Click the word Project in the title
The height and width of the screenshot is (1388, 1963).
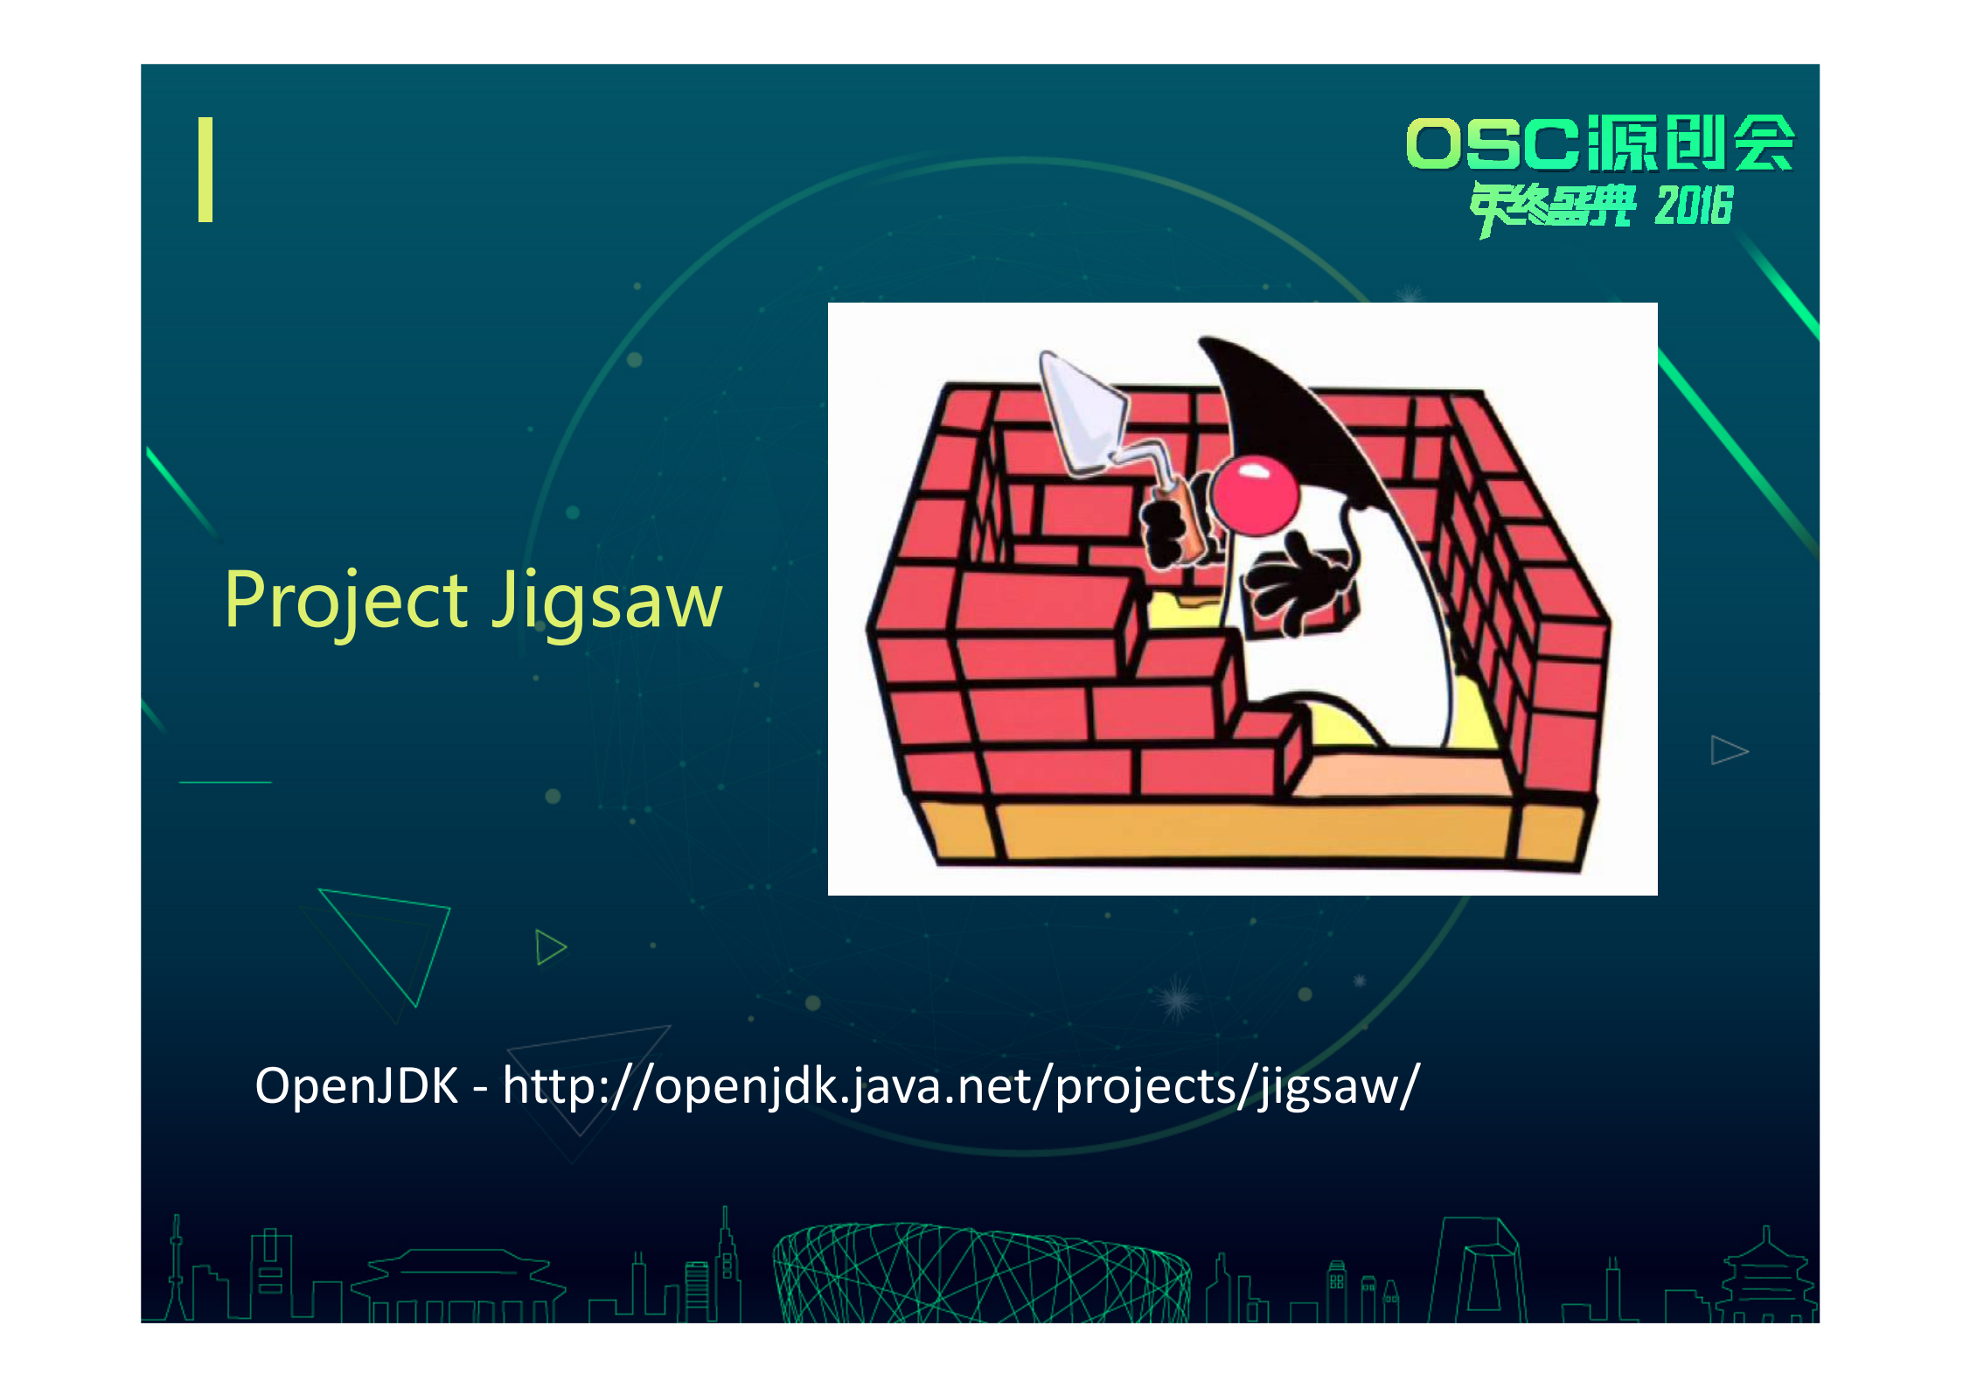(x=346, y=602)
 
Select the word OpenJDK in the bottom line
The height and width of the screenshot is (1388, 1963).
(x=356, y=1086)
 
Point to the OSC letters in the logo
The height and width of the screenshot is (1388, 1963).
(x=1492, y=143)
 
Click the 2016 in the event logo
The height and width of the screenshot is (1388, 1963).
(x=1693, y=206)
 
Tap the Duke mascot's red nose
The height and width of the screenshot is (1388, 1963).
(x=1254, y=494)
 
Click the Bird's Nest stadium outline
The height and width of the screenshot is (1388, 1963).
(x=979, y=1273)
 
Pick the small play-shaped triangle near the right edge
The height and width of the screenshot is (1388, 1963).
(x=1727, y=750)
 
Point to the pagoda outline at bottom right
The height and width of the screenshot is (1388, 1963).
(x=1766, y=1277)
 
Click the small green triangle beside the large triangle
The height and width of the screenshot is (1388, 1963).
(x=550, y=947)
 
